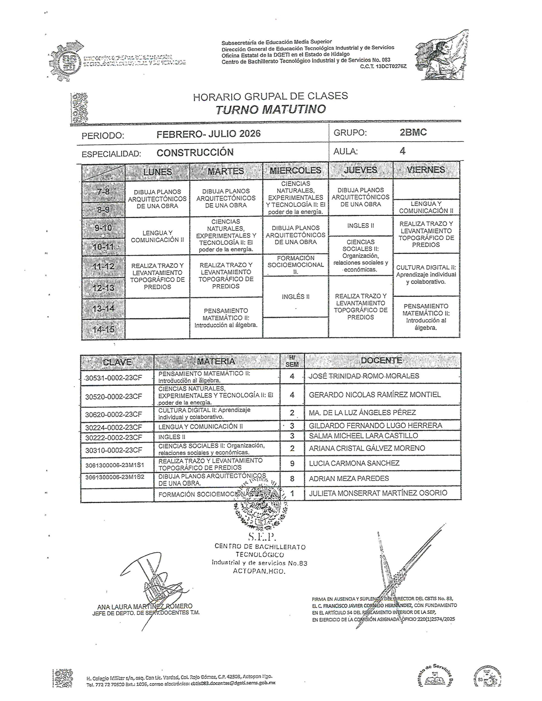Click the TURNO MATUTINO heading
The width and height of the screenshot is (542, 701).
click(x=270, y=110)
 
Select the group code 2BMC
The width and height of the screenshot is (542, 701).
click(x=413, y=133)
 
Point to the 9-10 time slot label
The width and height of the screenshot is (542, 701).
click(x=103, y=228)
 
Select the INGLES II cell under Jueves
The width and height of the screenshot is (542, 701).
click(x=361, y=226)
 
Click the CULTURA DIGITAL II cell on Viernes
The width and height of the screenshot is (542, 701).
click(x=426, y=274)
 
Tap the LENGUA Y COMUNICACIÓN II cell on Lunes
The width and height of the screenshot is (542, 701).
click(x=157, y=236)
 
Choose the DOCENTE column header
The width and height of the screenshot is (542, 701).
click(x=381, y=360)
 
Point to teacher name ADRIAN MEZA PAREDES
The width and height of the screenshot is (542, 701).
click(x=349, y=479)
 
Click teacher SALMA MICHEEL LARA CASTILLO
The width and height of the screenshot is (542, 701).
click(x=363, y=436)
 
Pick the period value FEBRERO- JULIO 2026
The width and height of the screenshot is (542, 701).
click(x=208, y=134)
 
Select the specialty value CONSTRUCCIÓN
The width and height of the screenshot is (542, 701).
click(x=195, y=153)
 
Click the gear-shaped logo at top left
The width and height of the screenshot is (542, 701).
click(x=67, y=60)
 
